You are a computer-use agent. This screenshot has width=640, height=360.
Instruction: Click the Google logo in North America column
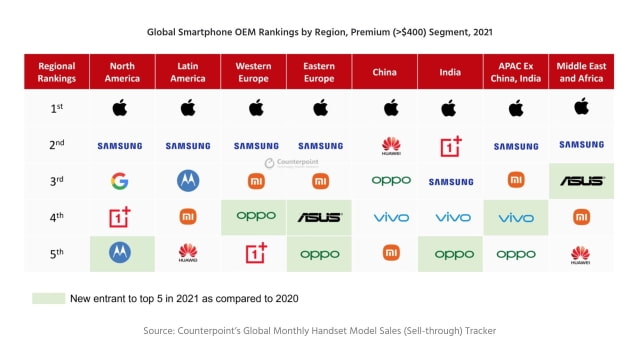[120, 181]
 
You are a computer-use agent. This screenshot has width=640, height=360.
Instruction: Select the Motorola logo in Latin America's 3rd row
[188, 181]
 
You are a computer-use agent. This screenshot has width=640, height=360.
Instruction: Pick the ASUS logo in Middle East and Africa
[581, 181]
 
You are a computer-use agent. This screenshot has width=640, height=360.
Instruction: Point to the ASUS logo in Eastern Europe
[319, 217]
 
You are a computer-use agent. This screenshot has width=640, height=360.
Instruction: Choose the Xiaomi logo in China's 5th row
[391, 252]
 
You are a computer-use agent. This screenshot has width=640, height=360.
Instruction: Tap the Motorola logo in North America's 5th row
[120, 252]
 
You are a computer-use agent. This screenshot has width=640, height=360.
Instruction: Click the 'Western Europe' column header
[254, 72]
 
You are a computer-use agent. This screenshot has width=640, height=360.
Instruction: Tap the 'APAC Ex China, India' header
[516, 72]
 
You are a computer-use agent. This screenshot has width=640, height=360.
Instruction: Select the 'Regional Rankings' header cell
[56, 72]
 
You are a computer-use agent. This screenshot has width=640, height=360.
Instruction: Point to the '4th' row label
[56, 217]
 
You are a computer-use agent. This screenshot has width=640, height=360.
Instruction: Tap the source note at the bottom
[319, 330]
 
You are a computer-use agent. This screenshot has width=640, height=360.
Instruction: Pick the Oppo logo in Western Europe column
[254, 216]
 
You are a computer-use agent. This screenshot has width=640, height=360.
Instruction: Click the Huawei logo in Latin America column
[188, 253]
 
